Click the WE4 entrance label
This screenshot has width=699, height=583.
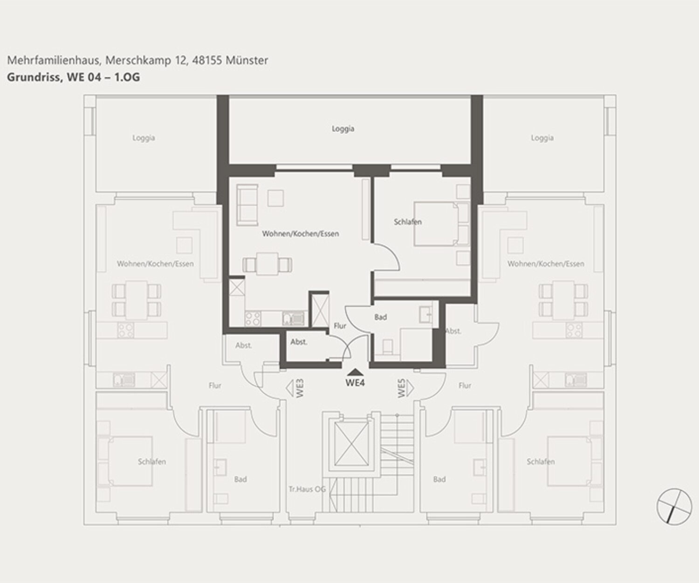pos(355,382)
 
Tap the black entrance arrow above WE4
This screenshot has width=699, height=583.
pos(355,372)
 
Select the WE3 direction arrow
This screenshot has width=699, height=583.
pos(290,389)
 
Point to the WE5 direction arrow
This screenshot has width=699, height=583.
pos(410,389)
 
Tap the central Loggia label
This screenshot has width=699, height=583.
pos(343,129)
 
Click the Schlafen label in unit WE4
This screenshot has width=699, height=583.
pos(408,222)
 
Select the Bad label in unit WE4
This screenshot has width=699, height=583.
pos(380,317)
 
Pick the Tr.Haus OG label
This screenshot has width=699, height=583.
pos(307,489)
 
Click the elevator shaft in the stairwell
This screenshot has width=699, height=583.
pos(351,444)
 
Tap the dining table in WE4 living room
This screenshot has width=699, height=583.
pos(267,264)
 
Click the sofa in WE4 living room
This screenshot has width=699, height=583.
pos(247,205)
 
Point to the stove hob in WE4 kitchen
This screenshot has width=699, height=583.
pos(253,319)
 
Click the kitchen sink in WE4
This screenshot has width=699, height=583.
pos(293,319)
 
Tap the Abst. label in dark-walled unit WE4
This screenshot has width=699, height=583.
pos(299,342)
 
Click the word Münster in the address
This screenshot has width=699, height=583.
pos(247,61)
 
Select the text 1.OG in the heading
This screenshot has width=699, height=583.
pos(127,77)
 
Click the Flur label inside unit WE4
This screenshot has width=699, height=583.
pos(340,326)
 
